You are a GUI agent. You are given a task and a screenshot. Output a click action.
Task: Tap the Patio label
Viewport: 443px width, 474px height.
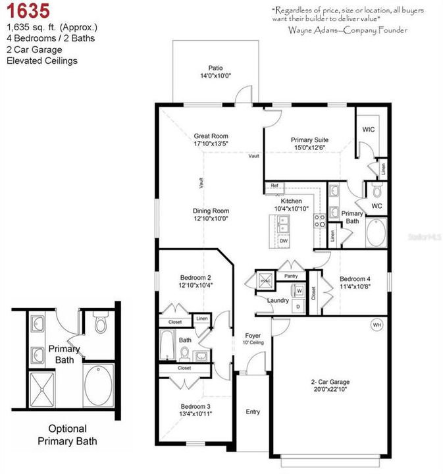(x=216, y=68)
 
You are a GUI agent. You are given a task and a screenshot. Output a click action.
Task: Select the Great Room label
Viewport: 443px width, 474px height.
(x=211, y=136)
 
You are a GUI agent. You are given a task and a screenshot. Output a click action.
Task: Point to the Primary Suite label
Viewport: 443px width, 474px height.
(x=309, y=140)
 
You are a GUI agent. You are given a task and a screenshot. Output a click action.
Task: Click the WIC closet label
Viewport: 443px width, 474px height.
(x=369, y=130)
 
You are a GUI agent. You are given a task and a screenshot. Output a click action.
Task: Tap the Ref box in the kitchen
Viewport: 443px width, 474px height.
(x=274, y=187)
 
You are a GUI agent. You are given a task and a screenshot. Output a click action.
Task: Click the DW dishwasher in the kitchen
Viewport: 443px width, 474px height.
(x=284, y=241)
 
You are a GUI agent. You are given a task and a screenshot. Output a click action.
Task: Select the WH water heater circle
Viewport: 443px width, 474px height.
(x=377, y=325)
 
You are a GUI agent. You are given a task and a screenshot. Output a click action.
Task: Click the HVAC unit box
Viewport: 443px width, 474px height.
(x=265, y=279)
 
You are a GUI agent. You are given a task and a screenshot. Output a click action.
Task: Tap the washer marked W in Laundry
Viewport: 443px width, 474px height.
(x=299, y=290)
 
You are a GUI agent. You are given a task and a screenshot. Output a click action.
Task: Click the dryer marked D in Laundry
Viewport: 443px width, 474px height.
(x=299, y=306)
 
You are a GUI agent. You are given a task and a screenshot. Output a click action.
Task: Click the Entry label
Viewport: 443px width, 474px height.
(x=253, y=411)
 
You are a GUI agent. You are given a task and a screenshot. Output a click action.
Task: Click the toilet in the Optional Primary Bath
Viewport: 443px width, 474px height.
(x=101, y=324)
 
